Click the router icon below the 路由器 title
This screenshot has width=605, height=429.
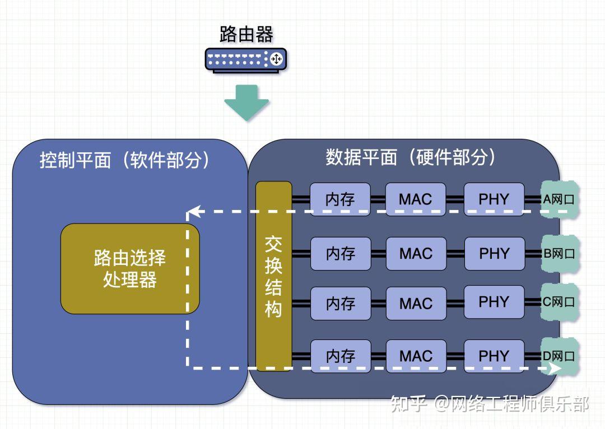[x=246, y=59]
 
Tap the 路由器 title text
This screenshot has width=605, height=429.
[x=246, y=34]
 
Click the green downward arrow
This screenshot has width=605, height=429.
[x=246, y=102]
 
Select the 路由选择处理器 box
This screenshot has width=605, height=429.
[x=130, y=268]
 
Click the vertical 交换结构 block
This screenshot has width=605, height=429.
[x=273, y=276]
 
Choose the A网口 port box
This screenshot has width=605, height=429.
[x=559, y=199]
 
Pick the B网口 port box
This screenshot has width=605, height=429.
[x=559, y=253]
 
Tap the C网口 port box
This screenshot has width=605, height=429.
[x=559, y=302]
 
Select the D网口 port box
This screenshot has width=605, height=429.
[x=559, y=355]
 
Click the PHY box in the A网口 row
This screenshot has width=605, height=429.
[x=494, y=199]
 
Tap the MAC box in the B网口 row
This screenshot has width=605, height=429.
[x=416, y=253]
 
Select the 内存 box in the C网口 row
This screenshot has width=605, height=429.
[x=341, y=303]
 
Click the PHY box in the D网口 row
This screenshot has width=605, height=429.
[x=494, y=356]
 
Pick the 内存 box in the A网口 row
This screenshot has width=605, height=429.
[x=341, y=199]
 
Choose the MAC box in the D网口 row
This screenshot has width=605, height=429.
[x=416, y=356]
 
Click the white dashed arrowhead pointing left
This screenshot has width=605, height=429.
[x=193, y=212]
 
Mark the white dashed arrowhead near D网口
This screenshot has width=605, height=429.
[x=555, y=369]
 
